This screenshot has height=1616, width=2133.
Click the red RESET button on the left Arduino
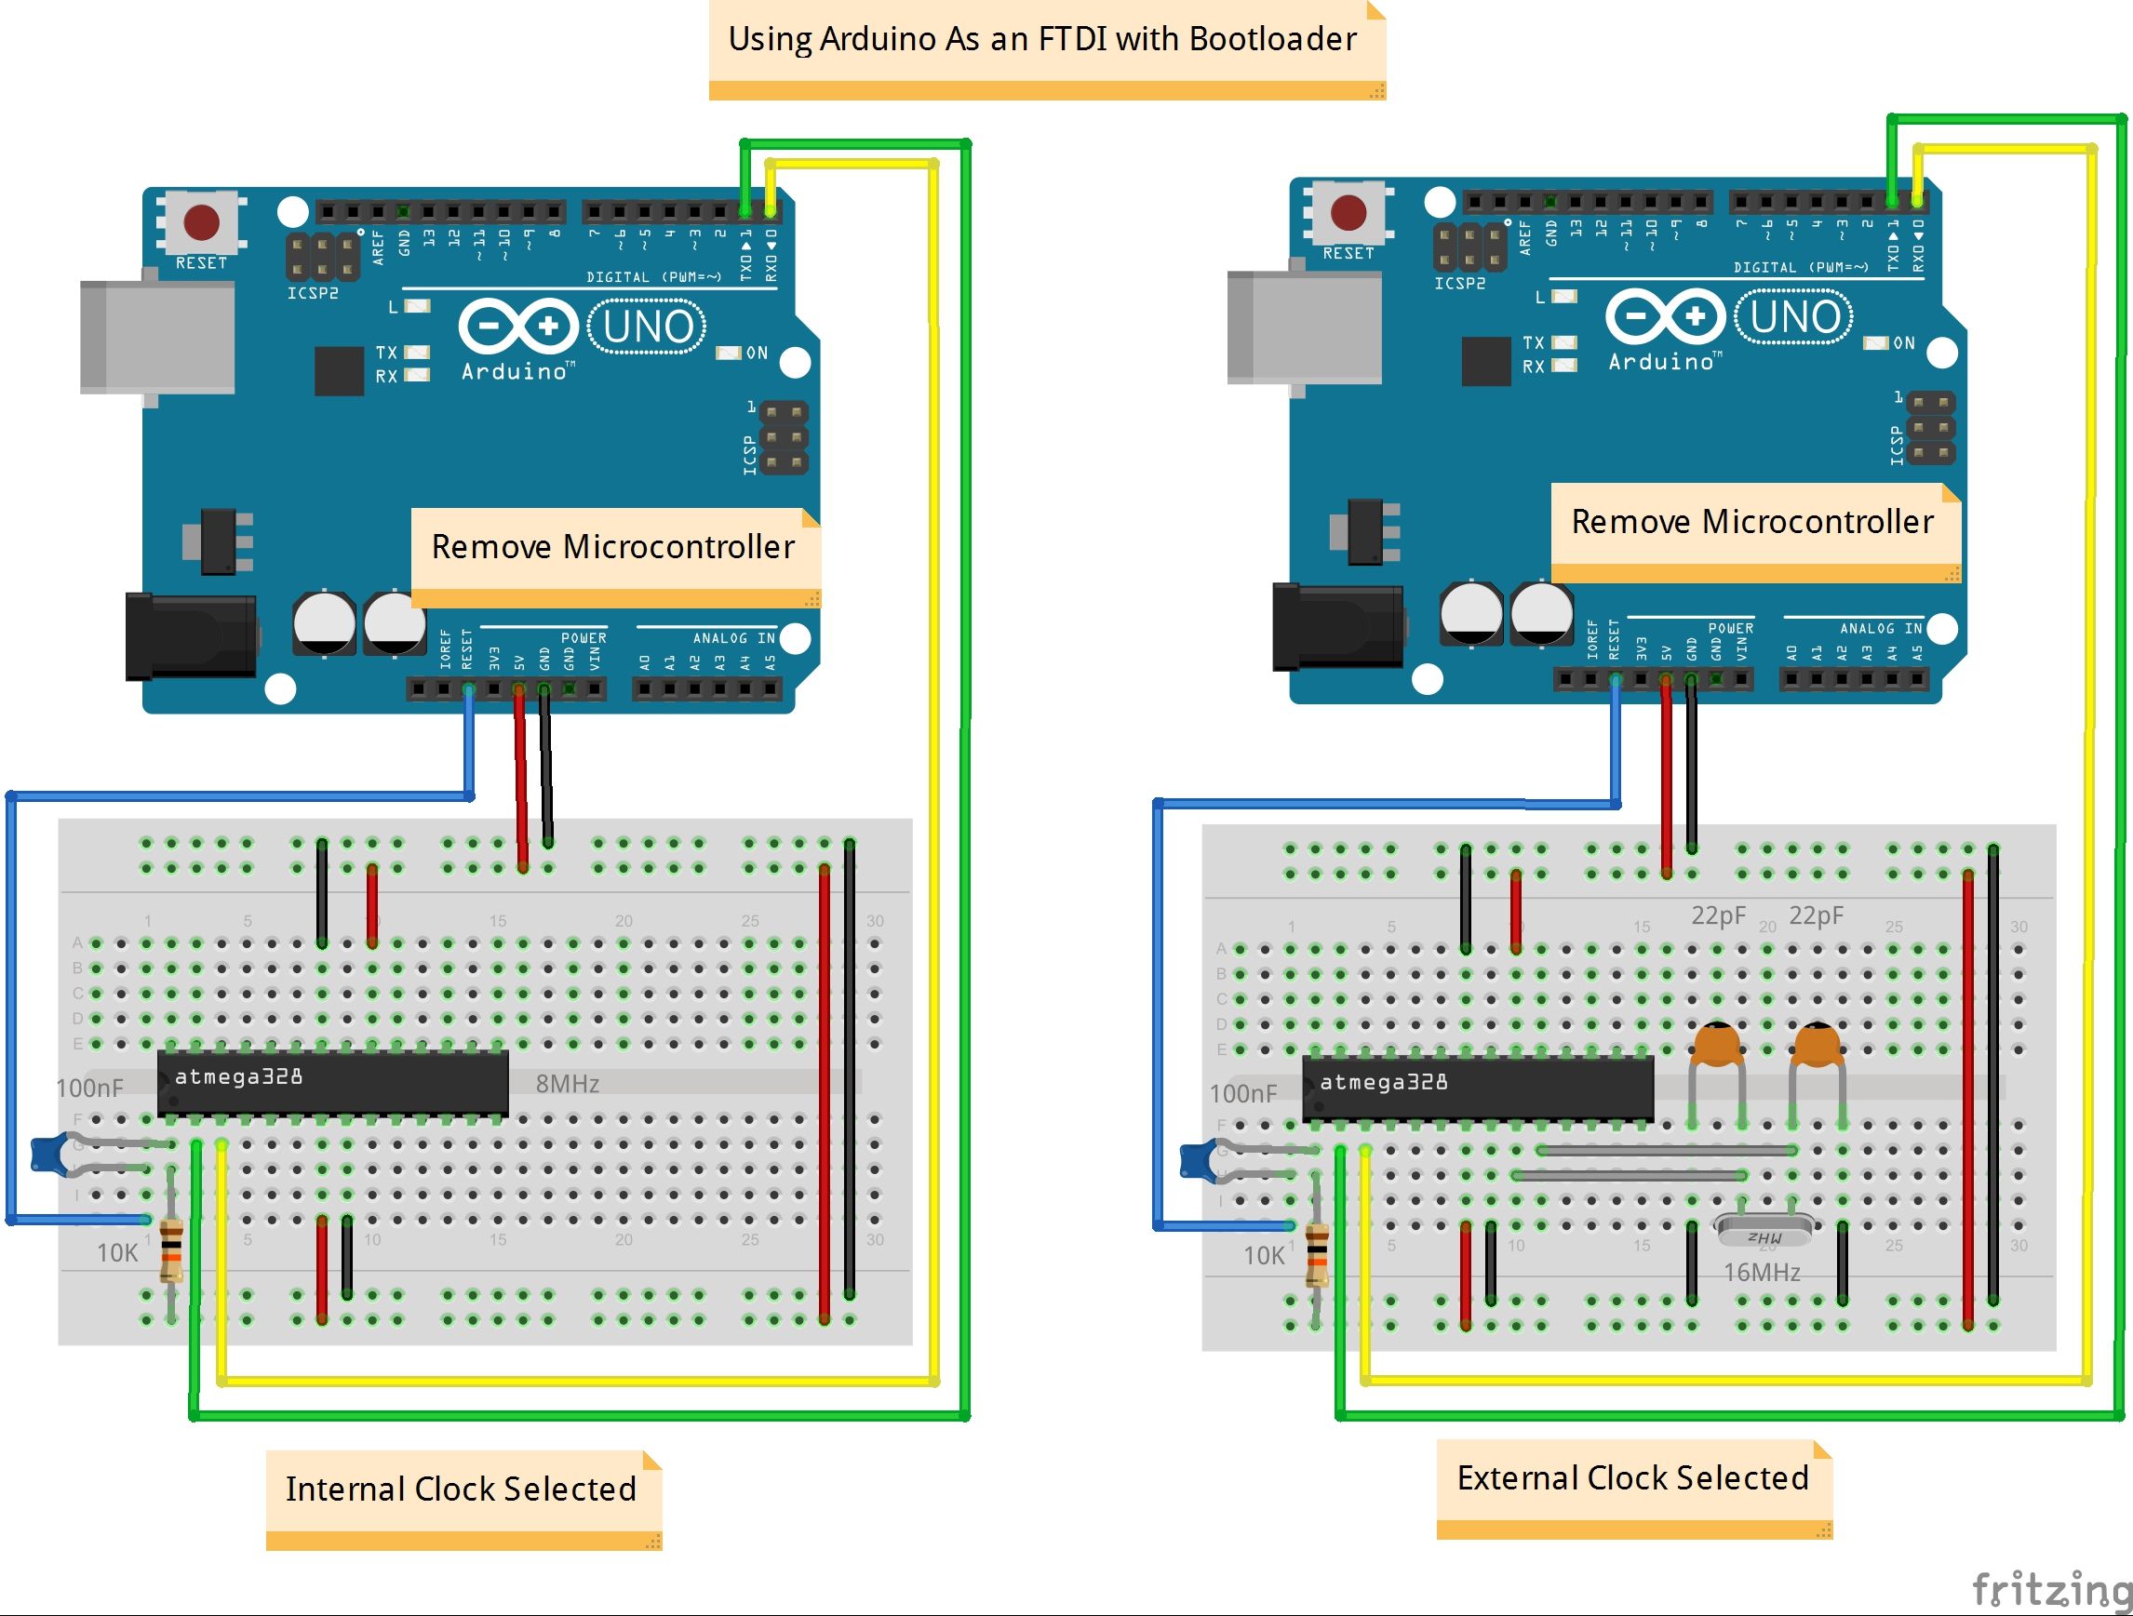coord(202,221)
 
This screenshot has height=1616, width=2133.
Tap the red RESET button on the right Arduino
coord(1348,212)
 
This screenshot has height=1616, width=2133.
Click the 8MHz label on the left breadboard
coord(567,1084)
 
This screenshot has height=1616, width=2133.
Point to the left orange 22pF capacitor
coord(1716,1045)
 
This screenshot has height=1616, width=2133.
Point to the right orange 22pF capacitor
coord(1817,1045)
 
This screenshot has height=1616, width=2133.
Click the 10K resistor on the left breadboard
coord(170,1249)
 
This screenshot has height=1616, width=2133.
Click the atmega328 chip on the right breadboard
coord(1476,1088)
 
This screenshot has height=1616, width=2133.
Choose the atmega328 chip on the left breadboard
coord(332,1082)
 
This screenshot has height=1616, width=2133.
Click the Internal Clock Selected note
coord(461,1489)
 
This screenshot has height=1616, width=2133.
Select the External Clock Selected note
coord(1631,1478)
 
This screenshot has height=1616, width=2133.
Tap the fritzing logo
coord(2049,1589)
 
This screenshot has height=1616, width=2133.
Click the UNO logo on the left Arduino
coord(647,326)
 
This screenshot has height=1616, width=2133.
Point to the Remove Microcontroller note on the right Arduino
coord(1752,522)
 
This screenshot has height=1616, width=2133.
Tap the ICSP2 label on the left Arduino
coord(313,292)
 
